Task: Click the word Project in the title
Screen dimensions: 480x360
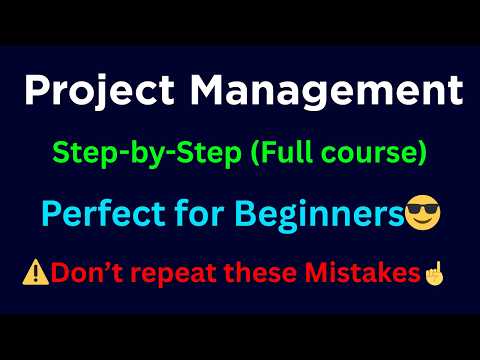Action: (x=99, y=91)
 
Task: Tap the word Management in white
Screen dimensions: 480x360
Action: (x=327, y=91)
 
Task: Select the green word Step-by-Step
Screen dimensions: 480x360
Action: (x=147, y=153)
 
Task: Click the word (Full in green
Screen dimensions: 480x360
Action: (x=282, y=153)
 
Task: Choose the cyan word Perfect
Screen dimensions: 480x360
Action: (x=103, y=213)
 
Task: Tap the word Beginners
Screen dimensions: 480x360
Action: (x=320, y=215)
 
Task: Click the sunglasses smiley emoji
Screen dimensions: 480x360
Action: (x=422, y=212)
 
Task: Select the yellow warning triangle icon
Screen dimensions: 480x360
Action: (x=35, y=272)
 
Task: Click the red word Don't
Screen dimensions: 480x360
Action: (x=87, y=273)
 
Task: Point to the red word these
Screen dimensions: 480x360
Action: (x=260, y=273)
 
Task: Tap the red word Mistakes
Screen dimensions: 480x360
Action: (x=363, y=273)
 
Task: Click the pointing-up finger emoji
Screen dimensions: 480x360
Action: (x=434, y=273)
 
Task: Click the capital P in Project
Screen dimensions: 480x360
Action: (x=37, y=90)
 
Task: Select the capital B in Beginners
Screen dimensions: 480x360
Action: (x=245, y=213)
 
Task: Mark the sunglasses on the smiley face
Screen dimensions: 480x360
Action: (x=423, y=209)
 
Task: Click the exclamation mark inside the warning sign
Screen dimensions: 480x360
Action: (x=36, y=274)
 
